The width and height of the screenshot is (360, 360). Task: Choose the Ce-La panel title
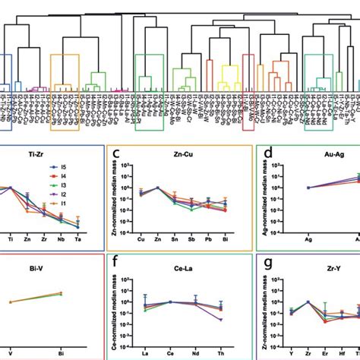click(x=182, y=267)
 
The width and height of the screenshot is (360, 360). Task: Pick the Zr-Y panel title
click(x=335, y=267)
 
